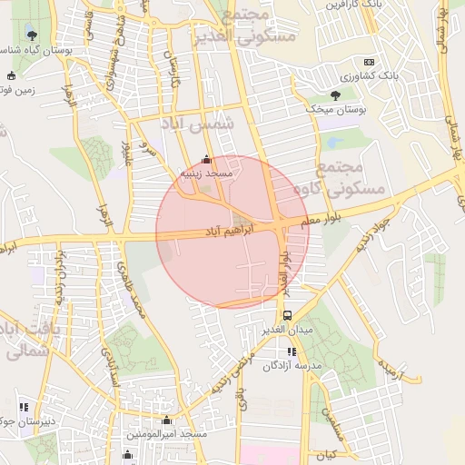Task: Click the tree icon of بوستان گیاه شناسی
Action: click(33, 35)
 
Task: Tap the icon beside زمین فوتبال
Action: click(11, 75)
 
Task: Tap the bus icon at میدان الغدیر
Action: click(287, 315)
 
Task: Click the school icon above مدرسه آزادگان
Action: click(292, 351)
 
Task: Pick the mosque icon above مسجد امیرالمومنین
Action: click(166, 420)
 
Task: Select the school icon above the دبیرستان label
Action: click(24, 406)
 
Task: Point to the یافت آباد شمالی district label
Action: click(22, 340)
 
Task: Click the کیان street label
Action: click(327, 453)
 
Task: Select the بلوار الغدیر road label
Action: click(282, 272)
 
